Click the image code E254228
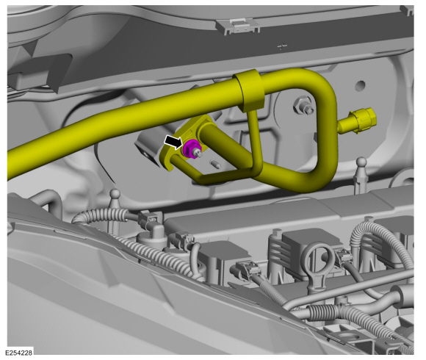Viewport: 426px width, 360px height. [18, 353]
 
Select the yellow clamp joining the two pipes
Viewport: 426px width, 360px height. [249, 87]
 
